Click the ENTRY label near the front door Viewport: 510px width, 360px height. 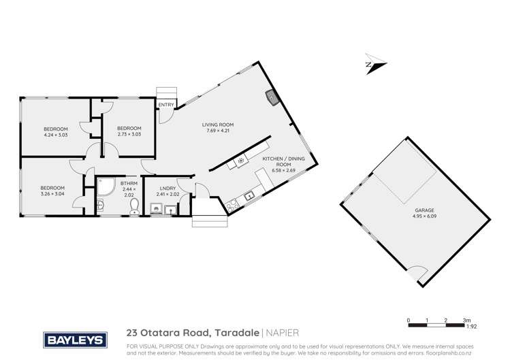click(x=165, y=104)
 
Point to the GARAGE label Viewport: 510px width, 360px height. click(x=424, y=210)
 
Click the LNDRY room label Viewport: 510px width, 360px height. click(x=168, y=188)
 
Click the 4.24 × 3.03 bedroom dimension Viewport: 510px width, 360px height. click(x=56, y=135)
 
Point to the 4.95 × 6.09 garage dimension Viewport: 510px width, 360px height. click(x=424, y=217)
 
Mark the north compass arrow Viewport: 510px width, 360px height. click(x=374, y=64)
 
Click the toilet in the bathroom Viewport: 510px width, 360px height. click(x=134, y=206)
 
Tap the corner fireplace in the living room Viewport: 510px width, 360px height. click(x=272, y=98)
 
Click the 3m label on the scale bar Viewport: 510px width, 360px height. click(x=466, y=319)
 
